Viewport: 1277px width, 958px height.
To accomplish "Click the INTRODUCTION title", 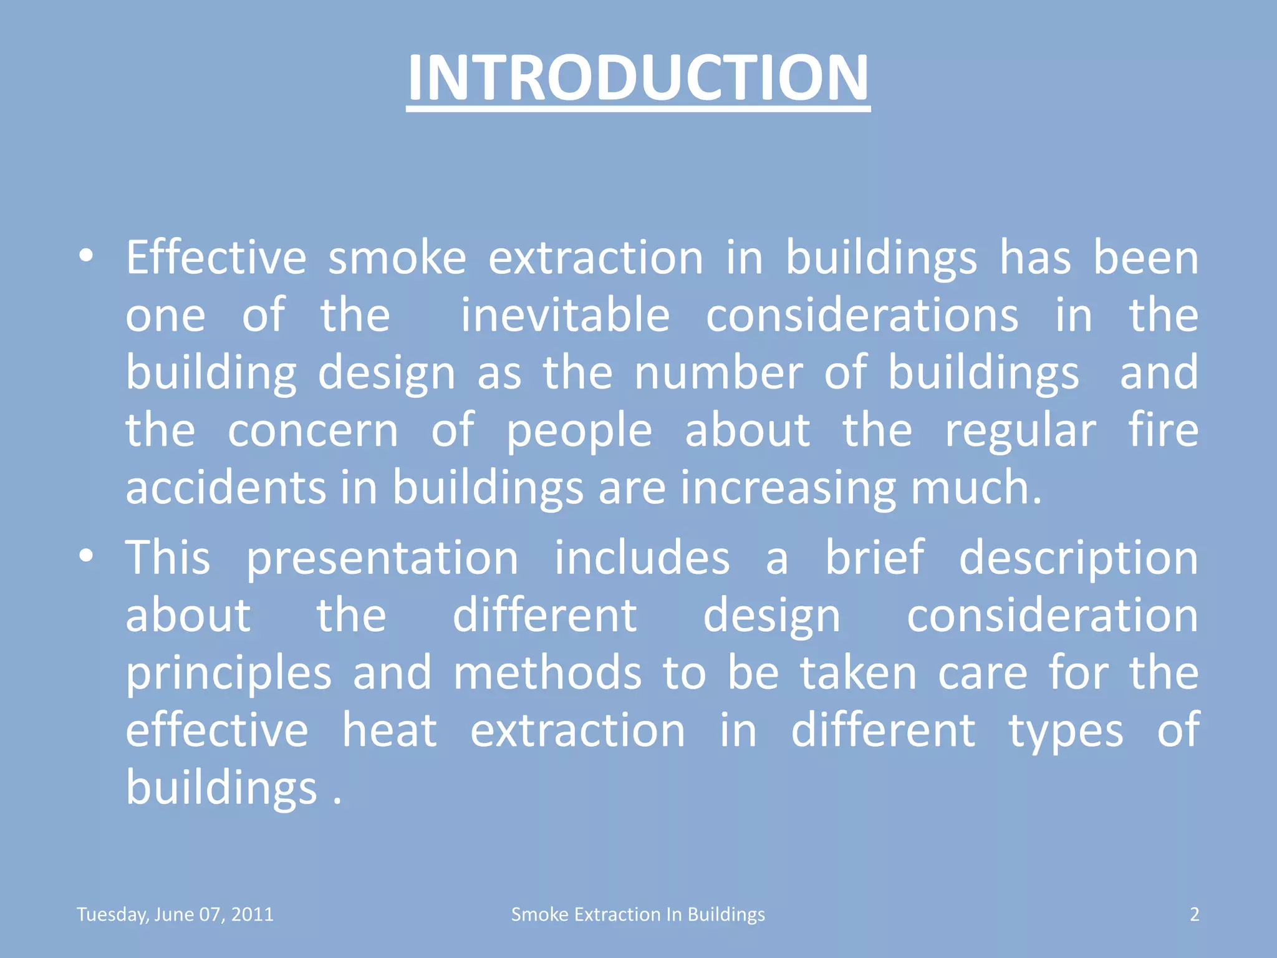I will click(x=638, y=78).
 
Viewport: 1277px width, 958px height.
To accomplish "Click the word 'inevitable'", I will click(x=565, y=315).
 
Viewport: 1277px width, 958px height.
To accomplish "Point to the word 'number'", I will click(x=718, y=373).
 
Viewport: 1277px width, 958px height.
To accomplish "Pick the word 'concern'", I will click(x=312, y=430).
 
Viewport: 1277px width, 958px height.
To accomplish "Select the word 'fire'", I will click(x=1164, y=430).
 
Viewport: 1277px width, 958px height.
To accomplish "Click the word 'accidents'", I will click(x=226, y=488).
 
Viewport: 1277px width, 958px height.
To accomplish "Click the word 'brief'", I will click(x=875, y=557).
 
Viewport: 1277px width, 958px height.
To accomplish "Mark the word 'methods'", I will click(x=547, y=673).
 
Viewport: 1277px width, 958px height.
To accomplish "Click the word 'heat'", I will click(x=390, y=730).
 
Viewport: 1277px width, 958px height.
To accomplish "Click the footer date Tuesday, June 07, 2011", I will click(x=175, y=914).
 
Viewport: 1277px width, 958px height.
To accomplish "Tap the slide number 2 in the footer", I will click(x=1194, y=914).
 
